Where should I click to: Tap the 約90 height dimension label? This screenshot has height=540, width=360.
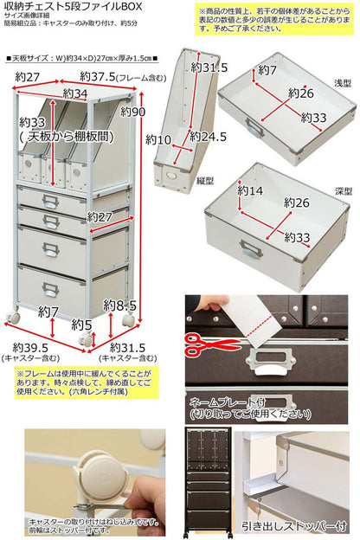(x=135, y=112)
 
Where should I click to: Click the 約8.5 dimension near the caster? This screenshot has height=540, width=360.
(x=119, y=305)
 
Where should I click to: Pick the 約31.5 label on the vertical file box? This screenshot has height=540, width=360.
(x=209, y=68)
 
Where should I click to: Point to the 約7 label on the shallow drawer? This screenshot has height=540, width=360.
(x=268, y=69)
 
